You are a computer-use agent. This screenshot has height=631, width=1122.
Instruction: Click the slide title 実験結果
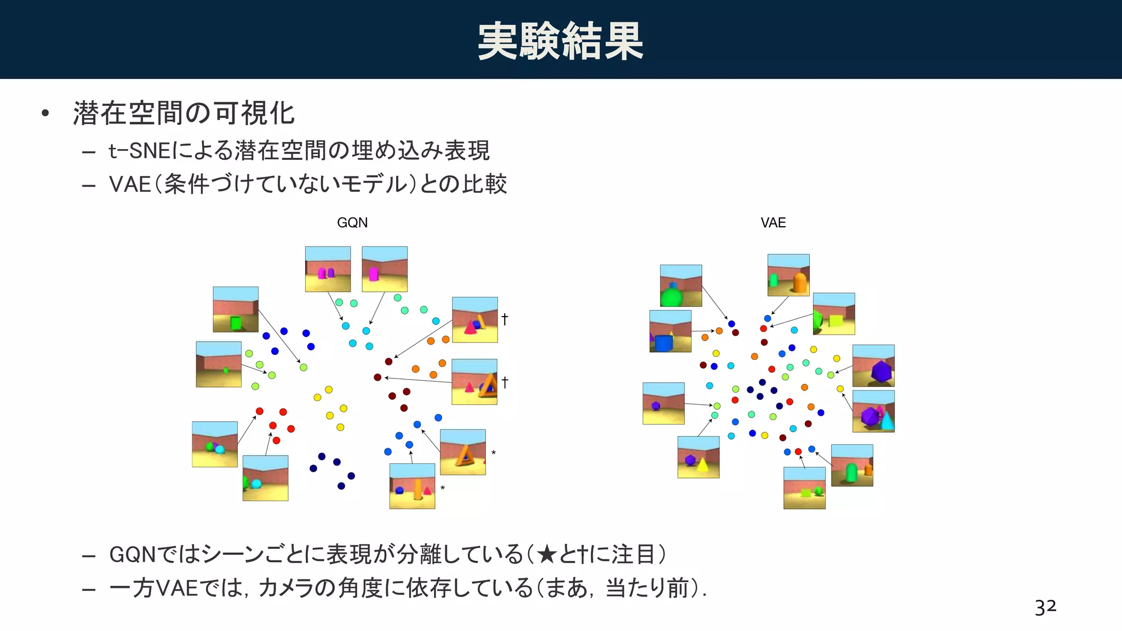(560, 41)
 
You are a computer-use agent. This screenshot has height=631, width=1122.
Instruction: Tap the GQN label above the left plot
(352, 223)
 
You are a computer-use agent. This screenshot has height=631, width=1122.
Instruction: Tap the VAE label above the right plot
(773, 223)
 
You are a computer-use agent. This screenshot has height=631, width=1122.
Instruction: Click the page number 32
(1045, 607)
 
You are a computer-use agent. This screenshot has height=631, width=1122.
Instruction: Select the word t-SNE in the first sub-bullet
(140, 151)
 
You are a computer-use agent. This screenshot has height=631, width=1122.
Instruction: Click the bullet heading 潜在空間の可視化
(184, 114)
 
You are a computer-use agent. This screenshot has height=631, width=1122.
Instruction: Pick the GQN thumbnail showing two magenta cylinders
(328, 269)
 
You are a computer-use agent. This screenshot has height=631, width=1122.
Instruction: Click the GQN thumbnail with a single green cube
(236, 309)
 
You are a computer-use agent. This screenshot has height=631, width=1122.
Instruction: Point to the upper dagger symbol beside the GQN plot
(505, 319)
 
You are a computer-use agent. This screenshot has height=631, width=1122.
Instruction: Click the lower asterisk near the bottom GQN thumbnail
(443, 488)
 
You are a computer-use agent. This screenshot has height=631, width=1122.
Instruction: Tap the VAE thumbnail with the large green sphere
(681, 286)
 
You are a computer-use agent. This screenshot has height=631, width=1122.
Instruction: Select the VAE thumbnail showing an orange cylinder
(788, 275)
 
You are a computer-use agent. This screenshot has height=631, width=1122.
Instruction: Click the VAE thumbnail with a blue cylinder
(670, 331)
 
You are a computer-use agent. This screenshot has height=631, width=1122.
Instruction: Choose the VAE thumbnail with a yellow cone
(699, 457)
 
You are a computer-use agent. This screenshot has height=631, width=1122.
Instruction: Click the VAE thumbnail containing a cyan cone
(873, 411)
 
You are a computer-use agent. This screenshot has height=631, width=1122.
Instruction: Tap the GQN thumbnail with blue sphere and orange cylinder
(412, 486)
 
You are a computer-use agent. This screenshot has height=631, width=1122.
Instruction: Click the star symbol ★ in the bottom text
(547, 555)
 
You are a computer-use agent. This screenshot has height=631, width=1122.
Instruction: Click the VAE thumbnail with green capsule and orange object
(852, 466)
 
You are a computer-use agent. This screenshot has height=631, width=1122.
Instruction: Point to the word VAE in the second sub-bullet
(130, 185)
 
